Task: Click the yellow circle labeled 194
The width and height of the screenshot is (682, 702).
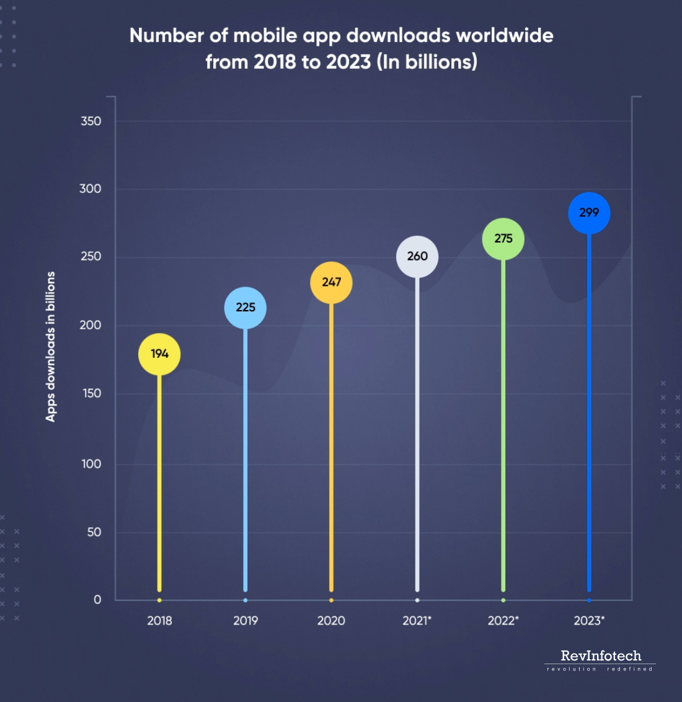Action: [x=159, y=354]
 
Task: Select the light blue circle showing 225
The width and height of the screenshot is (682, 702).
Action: [x=246, y=308]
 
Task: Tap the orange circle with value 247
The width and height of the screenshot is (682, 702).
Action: [x=331, y=282]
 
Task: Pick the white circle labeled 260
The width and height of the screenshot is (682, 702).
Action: [x=417, y=256]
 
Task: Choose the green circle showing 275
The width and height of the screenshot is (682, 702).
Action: [x=503, y=239]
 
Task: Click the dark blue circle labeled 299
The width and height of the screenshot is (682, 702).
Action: [x=589, y=213]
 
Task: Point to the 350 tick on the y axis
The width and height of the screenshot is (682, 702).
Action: [x=91, y=122]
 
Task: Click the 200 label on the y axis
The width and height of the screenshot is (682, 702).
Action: [x=91, y=325]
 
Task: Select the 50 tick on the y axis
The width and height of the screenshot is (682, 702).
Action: [x=94, y=532]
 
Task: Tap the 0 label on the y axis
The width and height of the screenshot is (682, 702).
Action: [x=97, y=600]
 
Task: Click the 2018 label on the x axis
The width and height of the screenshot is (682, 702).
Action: [x=159, y=621]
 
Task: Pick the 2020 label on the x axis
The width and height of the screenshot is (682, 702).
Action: [x=331, y=621]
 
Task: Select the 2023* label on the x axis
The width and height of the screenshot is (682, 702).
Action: [x=589, y=621]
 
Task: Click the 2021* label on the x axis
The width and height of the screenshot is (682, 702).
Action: [x=417, y=621]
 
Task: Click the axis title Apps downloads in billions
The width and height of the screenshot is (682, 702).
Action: [x=51, y=347]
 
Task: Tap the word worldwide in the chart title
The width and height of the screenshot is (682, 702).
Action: [x=504, y=35]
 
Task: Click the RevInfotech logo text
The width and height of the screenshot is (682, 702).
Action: [x=601, y=655]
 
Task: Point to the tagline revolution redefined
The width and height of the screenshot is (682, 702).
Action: [x=600, y=669]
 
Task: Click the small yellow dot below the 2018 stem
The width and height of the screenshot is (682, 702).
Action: [x=159, y=600]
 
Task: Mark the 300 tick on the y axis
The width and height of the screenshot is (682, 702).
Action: [x=91, y=189]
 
